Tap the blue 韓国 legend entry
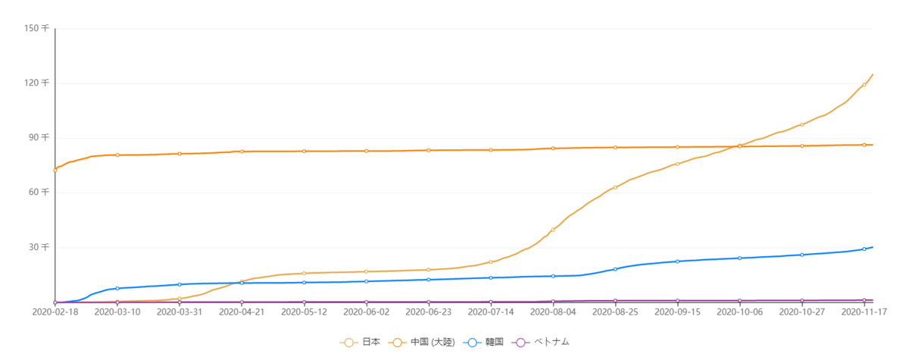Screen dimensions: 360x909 [x=482, y=343]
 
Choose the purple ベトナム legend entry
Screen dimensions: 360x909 [x=542, y=343]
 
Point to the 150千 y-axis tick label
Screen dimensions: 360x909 [x=36, y=28]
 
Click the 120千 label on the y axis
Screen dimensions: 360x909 [x=36, y=83]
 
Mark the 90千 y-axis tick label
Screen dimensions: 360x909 [x=38, y=137]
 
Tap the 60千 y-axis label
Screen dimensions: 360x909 [x=38, y=193]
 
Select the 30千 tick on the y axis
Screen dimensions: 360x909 [x=38, y=247]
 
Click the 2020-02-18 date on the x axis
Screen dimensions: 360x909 [x=55, y=311]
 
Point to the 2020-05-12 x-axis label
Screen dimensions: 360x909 [x=304, y=311]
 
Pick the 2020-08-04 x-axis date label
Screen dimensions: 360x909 [x=553, y=311]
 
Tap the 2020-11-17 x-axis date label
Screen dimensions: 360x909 [x=864, y=311]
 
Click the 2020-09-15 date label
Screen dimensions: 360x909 [x=677, y=311]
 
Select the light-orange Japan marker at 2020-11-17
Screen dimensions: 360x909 [x=864, y=84]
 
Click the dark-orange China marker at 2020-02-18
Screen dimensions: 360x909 [x=55, y=170]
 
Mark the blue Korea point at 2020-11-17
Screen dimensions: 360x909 [x=864, y=249]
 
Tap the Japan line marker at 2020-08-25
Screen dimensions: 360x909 [x=615, y=187]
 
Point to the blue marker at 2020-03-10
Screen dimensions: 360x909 [x=117, y=289]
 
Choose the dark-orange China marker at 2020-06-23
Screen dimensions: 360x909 [x=429, y=150]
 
